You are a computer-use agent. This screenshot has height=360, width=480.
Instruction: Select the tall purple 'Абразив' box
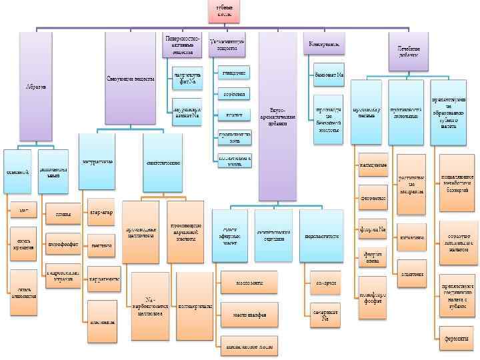point(36,87)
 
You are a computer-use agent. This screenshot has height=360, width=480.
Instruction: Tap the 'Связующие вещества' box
point(130,79)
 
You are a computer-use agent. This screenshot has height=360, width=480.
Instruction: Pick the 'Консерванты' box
point(324,44)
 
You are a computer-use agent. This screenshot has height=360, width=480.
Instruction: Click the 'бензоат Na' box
point(329,73)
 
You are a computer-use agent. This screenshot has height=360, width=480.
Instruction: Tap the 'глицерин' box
point(232,71)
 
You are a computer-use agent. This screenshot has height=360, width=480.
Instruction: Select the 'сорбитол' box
point(232,94)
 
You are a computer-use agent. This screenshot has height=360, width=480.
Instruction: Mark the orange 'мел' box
point(23,211)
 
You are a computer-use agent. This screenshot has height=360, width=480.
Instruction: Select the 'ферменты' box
point(457,339)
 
